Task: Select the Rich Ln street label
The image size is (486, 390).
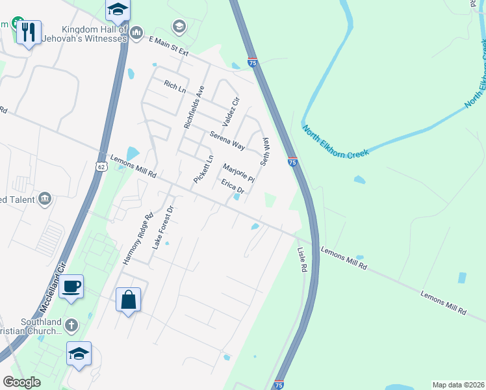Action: pyautogui.click(x=174, y=85)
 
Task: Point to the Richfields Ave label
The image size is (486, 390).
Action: pyautogui.click(x=194, y=107)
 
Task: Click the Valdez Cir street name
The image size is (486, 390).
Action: pyautogui.click(x=231, y=112)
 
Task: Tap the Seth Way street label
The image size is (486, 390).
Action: pyautogui.click(x=265, y=150)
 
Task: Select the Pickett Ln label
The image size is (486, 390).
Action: pyautogui.click(x=203, y=169)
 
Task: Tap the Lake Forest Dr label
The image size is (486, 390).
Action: pyautogui.click(x=164, y=228)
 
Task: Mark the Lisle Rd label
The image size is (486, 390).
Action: pyautogui.click(x=301, y=260)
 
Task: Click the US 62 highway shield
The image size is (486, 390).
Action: pyautogui.click(x=101, y=167)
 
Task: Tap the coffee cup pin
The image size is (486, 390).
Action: pyautogui.click(x=71, y=286)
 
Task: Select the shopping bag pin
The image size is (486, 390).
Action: pyautogui.click(x=128, y=300)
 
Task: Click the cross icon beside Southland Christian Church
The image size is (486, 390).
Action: pyautogui.click(x=71, y=324)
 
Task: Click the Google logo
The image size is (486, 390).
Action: pyautogui.click(x=21, y=382)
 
